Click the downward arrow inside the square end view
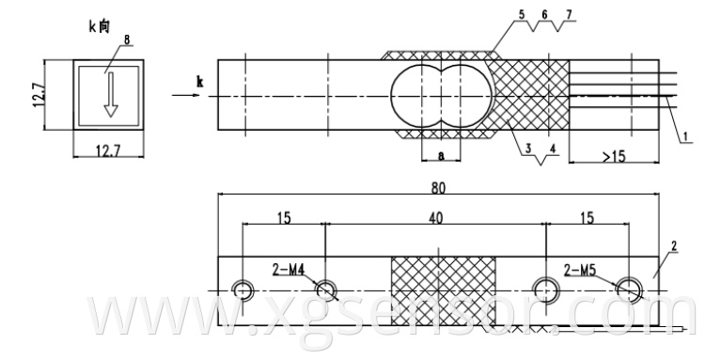(x=110, y=95)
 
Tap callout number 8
(x=126, y=40)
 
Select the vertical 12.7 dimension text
(x=39, y=94)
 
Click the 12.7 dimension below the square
(x=108, y=151)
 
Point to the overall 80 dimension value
(x=438, y=188)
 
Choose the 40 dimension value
(x=435, y=218)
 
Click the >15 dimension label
(x=614, y=156)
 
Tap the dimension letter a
(x=441, y=155)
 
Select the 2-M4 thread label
(x=289, y=270)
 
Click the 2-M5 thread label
(x=580, y=270)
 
